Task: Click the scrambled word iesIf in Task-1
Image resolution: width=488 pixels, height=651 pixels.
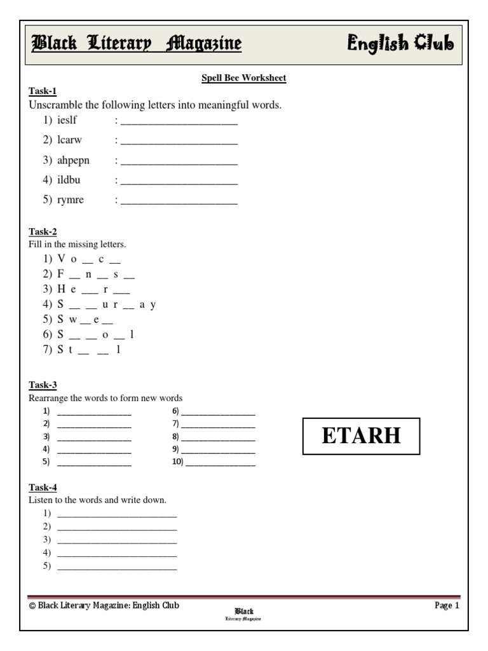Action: [x=67, y=120]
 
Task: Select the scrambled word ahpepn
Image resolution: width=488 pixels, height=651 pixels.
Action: [x=73, y=160]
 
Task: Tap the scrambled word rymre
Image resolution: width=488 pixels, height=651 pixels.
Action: [x=71, y=200]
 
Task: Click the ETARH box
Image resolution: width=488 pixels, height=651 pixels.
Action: [x=361, y=436]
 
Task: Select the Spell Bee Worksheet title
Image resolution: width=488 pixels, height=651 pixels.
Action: [x=243, y=78]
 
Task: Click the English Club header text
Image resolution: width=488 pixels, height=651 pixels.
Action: [x=400, y=43]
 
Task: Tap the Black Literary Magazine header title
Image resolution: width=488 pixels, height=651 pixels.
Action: [x=137, y=43]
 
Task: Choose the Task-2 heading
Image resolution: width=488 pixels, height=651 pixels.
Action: [x=43, y=232]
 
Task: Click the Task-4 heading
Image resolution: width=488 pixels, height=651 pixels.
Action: [x=43, y=488]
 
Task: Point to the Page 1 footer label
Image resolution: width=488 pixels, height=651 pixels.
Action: [x=447, y=606]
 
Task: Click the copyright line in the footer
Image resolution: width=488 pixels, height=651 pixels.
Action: [x=104, y=606]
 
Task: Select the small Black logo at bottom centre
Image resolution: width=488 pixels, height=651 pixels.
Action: [x=244, y=614]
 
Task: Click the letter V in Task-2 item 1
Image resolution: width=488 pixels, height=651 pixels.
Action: [x=61, y=259]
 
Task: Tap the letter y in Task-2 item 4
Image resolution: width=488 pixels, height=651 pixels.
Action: [x=153, y=305]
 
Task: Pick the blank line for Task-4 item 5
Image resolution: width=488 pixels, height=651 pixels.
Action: [x=117, y=567]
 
